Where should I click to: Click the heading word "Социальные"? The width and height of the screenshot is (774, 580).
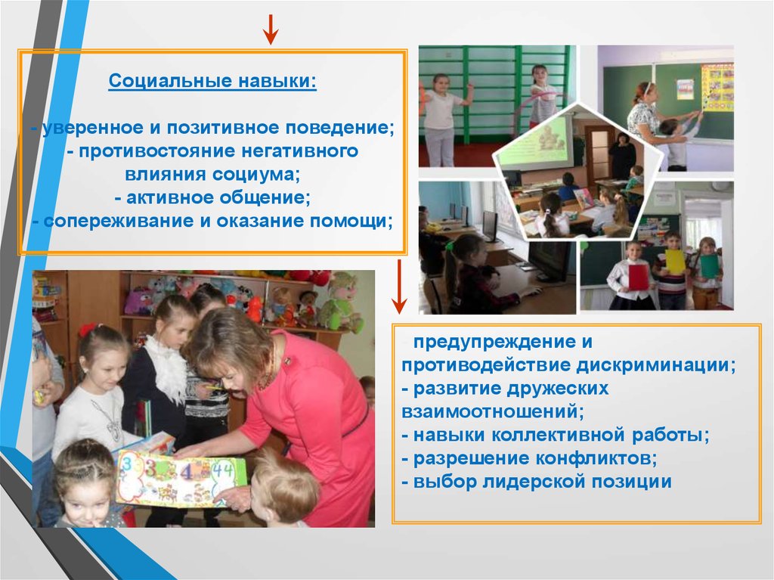coord(170,80)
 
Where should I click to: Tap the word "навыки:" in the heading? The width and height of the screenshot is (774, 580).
coord(277,80)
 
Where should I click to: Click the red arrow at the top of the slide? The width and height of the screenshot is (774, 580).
coord(270,29)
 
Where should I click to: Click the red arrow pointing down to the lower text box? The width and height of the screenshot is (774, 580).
coord(399,287)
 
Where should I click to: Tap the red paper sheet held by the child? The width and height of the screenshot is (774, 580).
coord(638,278)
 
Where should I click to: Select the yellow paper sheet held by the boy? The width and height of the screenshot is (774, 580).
coord(675,261)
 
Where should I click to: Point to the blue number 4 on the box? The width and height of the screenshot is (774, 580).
coord(187,473)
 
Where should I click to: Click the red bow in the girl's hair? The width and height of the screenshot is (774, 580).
coord(88,330)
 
